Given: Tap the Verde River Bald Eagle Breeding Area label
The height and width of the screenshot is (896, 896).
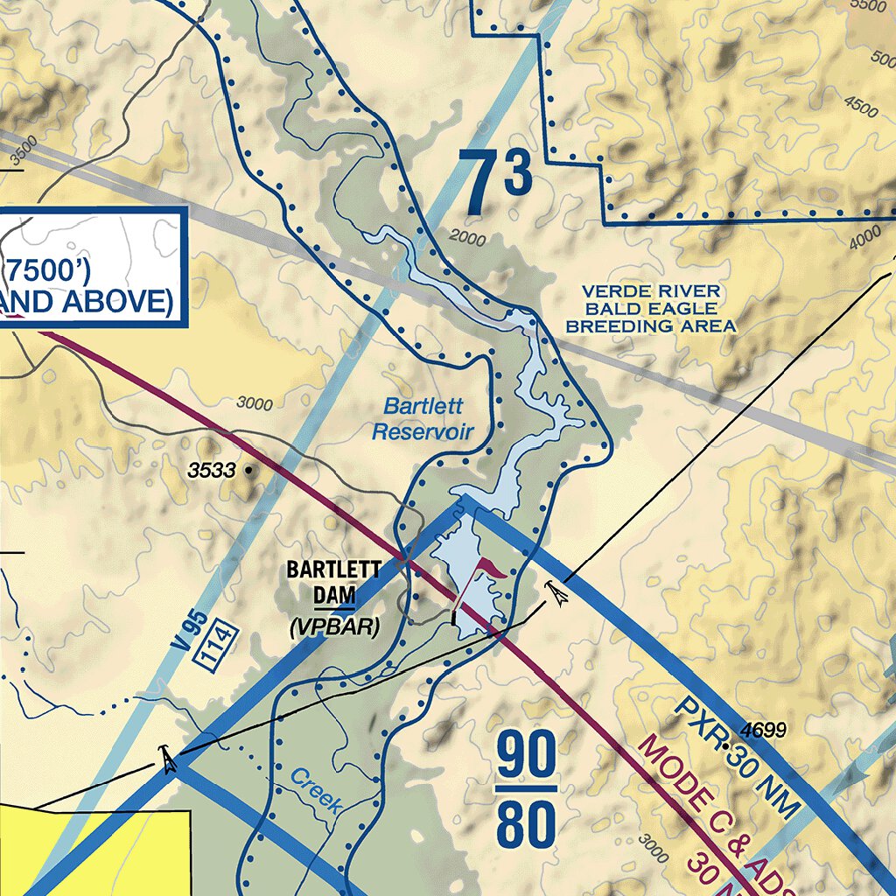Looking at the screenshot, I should [651, 309].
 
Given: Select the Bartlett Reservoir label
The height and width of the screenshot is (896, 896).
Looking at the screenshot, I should [423, 419].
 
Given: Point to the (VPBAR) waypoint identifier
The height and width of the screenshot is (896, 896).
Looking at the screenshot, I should [333, 626].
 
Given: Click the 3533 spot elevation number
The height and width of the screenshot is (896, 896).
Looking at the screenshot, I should [212, 471].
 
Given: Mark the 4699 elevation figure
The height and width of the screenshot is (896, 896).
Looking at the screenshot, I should [763, 730].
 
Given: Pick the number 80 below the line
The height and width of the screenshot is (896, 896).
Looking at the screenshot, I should [527, 824].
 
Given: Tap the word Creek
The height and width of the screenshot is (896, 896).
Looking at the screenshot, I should [315, 791].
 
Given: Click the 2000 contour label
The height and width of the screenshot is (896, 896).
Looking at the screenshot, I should [466, 236].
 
